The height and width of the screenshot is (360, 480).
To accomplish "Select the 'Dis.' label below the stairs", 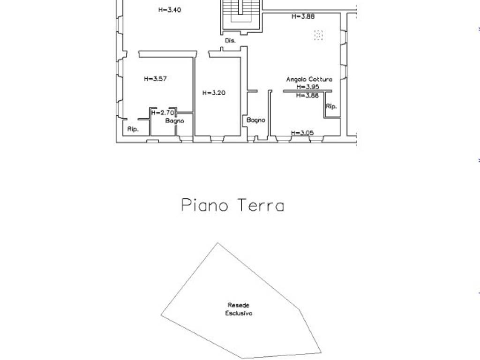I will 230,41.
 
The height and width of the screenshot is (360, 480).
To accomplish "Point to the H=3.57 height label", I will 155,79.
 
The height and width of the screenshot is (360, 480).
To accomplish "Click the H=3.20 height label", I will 214,93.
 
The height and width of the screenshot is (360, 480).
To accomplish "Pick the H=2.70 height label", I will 163,112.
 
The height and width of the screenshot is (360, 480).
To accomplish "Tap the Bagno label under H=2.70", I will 174,121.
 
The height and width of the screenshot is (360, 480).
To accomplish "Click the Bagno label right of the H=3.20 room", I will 256,120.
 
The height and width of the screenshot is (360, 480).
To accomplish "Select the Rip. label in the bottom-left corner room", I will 133,129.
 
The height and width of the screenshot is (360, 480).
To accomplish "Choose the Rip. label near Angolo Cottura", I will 331,107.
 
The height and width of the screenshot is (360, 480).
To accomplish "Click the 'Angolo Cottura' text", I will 309,80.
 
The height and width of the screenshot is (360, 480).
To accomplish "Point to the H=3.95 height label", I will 307,87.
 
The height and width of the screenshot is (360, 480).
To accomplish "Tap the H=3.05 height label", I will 302,133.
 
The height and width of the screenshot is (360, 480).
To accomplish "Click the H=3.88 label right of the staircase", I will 303,16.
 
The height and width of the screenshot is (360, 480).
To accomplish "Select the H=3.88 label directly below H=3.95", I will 307,96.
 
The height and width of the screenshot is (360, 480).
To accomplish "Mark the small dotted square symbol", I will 319,35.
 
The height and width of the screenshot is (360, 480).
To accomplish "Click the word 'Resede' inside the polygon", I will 239,305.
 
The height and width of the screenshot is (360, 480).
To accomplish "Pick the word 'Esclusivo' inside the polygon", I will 239,313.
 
